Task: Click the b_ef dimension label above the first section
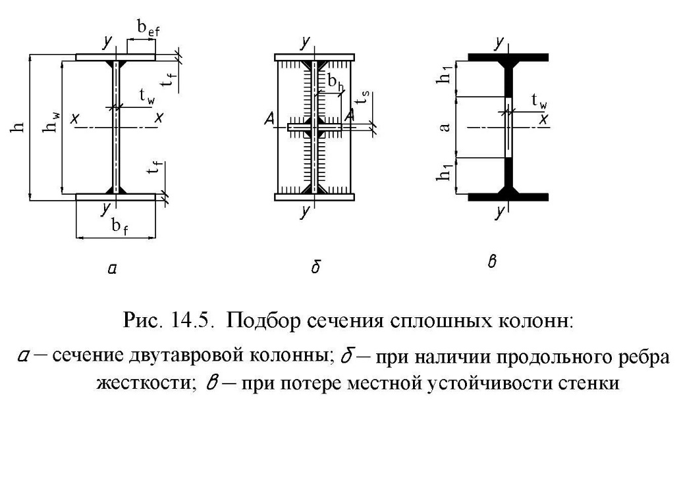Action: click(149, 29)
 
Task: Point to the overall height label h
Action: click(18, 127)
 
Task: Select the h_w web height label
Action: click(51, 121)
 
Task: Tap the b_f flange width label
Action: click(120, 226)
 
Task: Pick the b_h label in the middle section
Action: click(335, 82)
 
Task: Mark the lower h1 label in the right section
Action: click(446, 170)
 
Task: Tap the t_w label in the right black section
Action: click(539, 101)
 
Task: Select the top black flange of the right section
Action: click(508, 57)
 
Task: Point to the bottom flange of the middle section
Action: click(314, 197)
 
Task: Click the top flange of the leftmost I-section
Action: click(116, 57)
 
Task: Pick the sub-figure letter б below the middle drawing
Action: click(316, 266)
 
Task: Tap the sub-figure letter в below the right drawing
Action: click(492, 262)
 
